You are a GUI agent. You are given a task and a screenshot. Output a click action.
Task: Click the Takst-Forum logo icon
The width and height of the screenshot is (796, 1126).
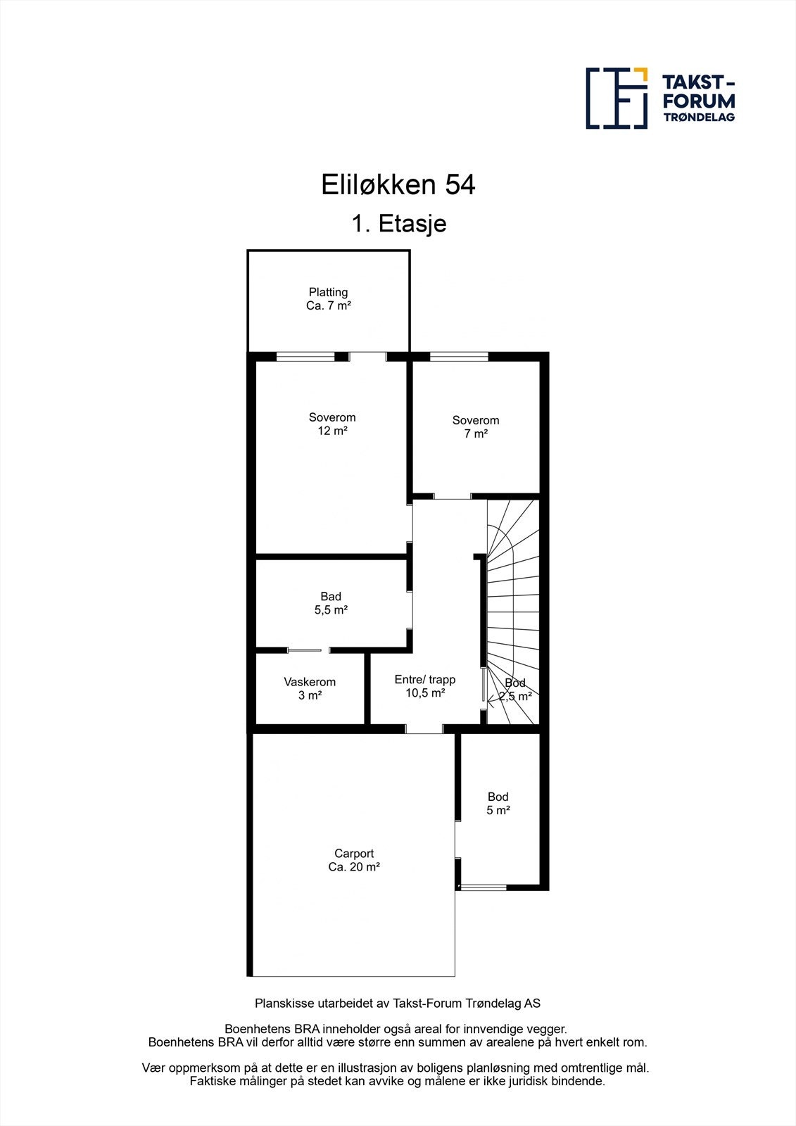click(x=617, y=99)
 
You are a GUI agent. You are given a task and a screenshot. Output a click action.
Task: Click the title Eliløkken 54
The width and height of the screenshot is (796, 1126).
click(x=398, y=185)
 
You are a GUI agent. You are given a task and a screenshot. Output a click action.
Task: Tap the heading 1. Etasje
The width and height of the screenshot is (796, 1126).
click(x=398, y=224)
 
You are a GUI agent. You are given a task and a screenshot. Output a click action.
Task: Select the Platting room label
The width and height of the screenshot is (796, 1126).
click(x=328, y=299)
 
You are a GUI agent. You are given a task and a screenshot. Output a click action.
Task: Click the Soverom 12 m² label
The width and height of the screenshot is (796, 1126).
click(x=332, y=424)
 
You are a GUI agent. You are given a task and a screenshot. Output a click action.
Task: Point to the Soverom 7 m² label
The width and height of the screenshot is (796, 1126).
click(x=476, y=426)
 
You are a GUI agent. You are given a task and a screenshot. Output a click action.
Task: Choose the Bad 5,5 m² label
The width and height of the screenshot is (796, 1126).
click(x=331, y=603)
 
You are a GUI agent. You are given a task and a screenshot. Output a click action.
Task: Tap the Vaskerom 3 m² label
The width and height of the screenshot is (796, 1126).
click(x=310, y=688)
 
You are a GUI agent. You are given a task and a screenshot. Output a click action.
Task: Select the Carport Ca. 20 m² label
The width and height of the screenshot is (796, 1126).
click(x=354, y=860)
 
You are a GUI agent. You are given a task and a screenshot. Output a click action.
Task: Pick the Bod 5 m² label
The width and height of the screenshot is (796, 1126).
click(x=498, y=803)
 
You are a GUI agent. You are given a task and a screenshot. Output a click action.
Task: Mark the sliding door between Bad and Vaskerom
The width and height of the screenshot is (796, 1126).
click(x=305, y=650)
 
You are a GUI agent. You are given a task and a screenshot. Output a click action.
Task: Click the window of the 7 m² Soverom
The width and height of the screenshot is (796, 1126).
click(x=459, y=357)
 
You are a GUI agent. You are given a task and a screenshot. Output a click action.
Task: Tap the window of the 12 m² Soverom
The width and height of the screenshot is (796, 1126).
click(x=305, y=357)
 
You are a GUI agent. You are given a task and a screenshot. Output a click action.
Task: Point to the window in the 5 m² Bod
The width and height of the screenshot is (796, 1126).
click(x=482, y=887)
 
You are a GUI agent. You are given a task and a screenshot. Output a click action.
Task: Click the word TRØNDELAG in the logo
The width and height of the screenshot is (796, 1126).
click(x=699, y=117)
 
